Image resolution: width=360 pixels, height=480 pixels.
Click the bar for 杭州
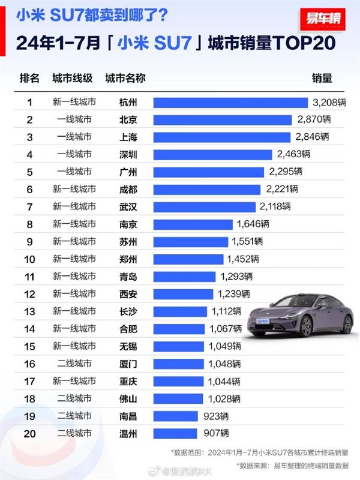[230, 103]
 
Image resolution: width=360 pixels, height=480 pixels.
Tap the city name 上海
[128, 137]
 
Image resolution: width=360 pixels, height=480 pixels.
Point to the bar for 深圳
[212, 154]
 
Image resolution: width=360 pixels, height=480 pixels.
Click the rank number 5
[29, 172]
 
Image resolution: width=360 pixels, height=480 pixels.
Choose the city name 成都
[128, 189]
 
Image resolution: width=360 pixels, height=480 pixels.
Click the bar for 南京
[193, 224]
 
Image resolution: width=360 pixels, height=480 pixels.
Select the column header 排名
[29, 79]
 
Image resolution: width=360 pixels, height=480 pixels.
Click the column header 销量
[322, 79]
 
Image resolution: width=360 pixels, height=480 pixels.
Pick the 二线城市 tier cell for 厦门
[74, 364]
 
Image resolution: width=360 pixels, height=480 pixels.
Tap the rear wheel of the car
[347, 324]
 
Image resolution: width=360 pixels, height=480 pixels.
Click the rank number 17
[29, 381]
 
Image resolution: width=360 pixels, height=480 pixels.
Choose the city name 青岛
[128, 277]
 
